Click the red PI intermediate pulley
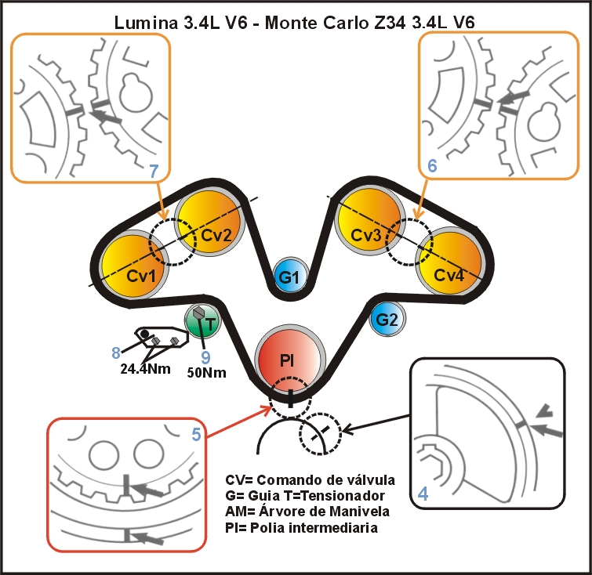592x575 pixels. click(289, 360)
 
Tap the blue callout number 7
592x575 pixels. click(154, 170)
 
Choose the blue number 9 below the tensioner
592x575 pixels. click(206, 356)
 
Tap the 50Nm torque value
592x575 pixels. click(206, 373)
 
